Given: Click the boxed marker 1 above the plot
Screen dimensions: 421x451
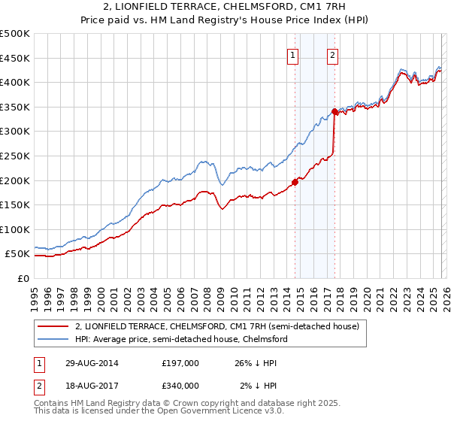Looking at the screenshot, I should [x=292, y=54].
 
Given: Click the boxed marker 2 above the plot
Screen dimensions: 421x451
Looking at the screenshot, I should [x=332, y=54].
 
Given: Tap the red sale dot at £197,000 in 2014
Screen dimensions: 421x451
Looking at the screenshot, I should [x=295, y=181].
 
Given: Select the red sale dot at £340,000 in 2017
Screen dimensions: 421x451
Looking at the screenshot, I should [x=334, y=111].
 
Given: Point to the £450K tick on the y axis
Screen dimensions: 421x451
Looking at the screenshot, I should [x=15, y=58].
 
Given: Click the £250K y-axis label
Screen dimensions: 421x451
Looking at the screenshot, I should [x=15, y=156].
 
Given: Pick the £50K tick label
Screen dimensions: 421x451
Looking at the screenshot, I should [x=18, y=254].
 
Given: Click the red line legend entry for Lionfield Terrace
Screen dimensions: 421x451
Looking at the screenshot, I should [x=217, y=326].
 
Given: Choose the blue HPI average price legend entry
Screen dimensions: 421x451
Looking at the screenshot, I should [x=180, y=339].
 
